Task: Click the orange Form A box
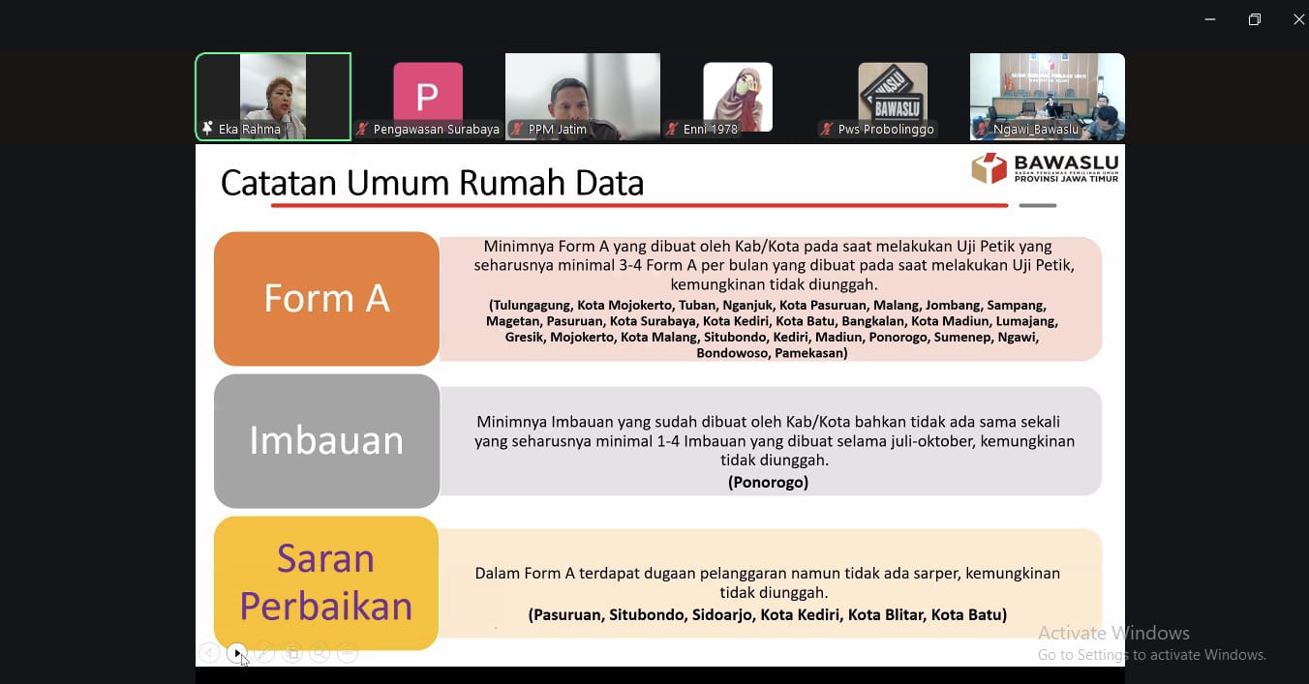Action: [x=326, y=299]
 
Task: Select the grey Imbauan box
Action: [x=326, y=441]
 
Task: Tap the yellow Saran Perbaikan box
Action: [x=326, y=583]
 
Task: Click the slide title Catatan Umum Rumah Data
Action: [x=433, y=183]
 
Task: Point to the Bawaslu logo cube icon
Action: [x=989, y=168]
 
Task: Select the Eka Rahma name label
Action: [x=250, y=129]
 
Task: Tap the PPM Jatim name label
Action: [x=557, y=129]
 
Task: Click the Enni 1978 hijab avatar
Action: [x=738, y=97]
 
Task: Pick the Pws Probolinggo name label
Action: [x=886, y=129]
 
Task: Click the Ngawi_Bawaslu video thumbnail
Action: [x=1048, y=97]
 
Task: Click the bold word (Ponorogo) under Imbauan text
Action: [x=769, y=483]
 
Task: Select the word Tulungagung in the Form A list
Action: [x=532, y=305]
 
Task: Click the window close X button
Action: [x=1298, y=20]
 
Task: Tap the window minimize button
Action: [x=1210, y=20]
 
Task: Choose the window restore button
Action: [x=1255, y=20]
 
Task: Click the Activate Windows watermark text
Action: [x=1113, y=633]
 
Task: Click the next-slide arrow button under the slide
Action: [x=236, y=653]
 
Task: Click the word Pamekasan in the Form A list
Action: [x=811, y=353]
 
